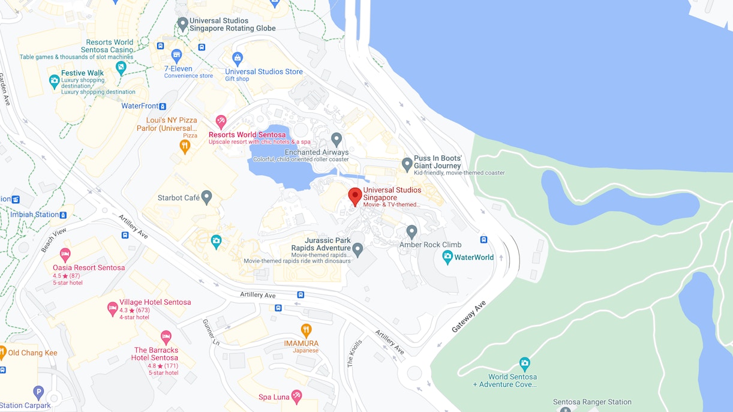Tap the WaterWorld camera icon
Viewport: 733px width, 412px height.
[447, 257]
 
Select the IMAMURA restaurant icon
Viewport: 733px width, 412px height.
[306, 330]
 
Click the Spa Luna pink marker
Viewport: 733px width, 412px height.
[296, 396]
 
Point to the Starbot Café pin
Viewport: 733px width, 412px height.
[207, 197]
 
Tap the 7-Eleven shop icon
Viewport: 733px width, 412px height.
[176, 56]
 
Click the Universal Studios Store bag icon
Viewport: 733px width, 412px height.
[238, 59]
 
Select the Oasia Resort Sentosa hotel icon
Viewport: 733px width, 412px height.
[65, 254]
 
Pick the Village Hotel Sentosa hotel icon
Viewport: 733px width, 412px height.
[112, 308]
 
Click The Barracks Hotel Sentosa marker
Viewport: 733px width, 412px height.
[166, 337]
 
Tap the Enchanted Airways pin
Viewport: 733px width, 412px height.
[337, 139]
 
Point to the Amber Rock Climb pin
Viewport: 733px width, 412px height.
[411, 231]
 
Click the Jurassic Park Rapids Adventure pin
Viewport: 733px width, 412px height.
[358, 248]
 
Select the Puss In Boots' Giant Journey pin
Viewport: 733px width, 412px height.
[407, 163]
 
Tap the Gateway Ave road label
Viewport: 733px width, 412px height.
[468, 317]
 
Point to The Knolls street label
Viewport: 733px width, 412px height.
[355, 354]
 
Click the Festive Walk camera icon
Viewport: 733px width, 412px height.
[54, 80]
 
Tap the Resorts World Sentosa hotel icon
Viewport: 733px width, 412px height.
[221, 122]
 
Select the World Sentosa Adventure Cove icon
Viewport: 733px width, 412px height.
[525, 363]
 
